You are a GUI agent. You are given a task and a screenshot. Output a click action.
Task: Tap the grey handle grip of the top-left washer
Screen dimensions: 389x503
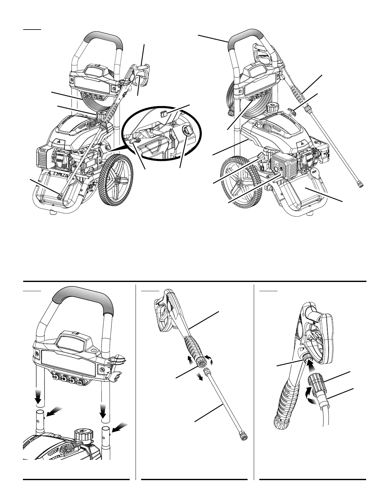[x=102, y=38]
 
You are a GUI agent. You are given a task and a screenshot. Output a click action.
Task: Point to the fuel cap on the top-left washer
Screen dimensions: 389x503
[x=101, y=114]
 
